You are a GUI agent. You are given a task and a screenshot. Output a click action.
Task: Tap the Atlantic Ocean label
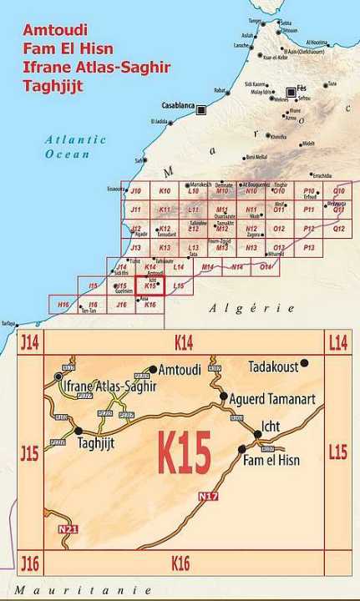click(76, 147)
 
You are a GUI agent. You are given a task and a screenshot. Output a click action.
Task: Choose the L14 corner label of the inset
click(338, 341)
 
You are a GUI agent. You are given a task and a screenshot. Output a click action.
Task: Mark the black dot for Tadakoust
click(305, 362)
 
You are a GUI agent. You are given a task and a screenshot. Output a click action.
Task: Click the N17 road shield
click(207, 497)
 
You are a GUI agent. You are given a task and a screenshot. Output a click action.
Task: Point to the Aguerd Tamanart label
click(272, 399)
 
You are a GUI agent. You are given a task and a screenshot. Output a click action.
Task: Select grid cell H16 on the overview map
click(63, 306)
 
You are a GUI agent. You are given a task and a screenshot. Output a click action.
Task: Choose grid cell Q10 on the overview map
click(338, 191)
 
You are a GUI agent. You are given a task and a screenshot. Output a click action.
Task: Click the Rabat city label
click(221, 90)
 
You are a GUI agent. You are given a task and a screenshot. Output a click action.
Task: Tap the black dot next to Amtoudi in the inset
click(153, 368)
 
